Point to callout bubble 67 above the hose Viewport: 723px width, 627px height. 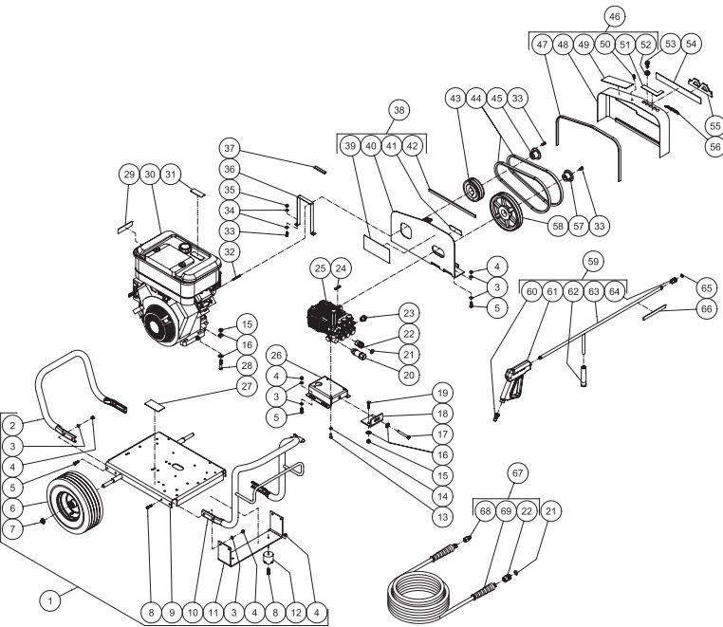pyautogui.click(x=519, y=471)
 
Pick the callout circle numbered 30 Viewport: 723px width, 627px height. pyautogui.click(x=150, y=175)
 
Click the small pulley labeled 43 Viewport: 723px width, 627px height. pyautogui.click(x=468, y=185)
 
